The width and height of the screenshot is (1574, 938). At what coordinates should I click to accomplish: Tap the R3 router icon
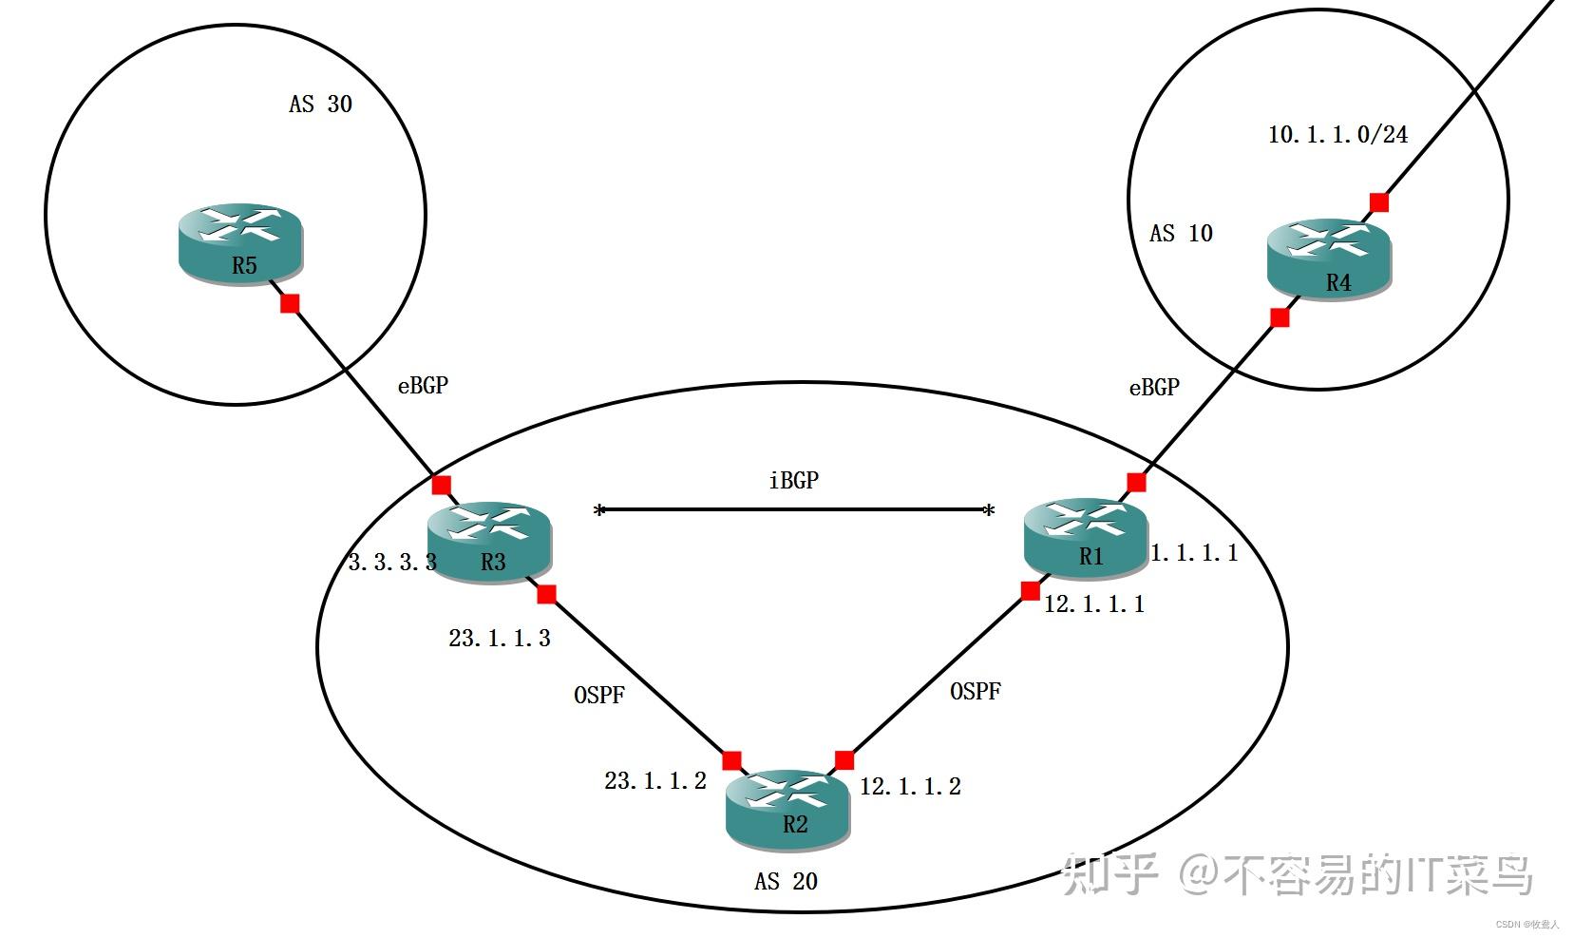point(488,541)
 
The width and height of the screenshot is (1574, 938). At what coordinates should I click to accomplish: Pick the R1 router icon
point(1086,537)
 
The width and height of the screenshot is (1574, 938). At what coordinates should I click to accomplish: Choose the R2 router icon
point(787,809)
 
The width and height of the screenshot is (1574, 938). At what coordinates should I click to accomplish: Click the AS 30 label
point(320,105)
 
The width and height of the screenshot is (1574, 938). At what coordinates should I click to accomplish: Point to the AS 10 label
point(1181,234)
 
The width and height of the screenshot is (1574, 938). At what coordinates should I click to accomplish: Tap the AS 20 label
point(786,882)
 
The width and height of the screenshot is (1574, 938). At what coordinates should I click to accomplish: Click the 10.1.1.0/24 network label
point(1337,135)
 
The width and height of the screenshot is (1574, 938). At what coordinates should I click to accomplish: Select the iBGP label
point(793,481)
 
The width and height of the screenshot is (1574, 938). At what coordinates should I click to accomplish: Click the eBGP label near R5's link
point(423,386)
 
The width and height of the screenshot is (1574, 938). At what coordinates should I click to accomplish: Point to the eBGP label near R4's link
point(1154,388)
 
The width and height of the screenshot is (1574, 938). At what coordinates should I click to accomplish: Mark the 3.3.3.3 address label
point(392,563)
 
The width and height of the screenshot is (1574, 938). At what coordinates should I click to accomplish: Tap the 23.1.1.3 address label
point(500,639)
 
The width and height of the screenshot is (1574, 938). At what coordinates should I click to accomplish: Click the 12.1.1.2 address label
point(910,787)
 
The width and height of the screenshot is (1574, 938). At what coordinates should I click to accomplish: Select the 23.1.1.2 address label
point(655,781)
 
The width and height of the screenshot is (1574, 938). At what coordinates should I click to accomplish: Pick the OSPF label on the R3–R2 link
point(599,696)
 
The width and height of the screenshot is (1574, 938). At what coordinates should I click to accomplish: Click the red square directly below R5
point(291,304)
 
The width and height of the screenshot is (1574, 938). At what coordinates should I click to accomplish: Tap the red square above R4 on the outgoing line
point(1379,202)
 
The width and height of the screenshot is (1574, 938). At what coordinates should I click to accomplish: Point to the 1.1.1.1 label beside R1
point(1194,553)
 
